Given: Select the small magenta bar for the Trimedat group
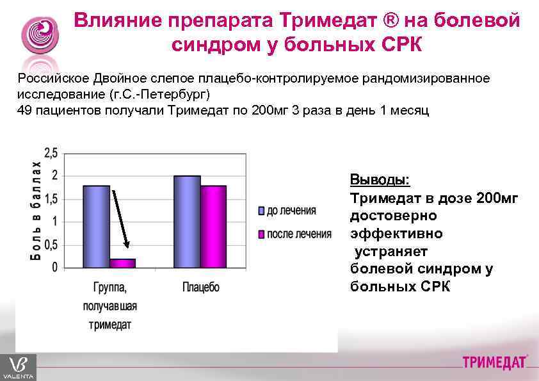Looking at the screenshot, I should coord(122,263).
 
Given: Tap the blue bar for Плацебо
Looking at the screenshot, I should coord(187,221).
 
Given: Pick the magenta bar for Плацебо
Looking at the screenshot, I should coord(213,226).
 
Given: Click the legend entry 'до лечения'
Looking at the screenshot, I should coord(291,210).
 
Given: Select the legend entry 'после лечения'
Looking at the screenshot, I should coord(298,234).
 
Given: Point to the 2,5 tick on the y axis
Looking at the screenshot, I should coord(51,153).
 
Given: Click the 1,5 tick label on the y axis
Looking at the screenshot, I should coord(51,199).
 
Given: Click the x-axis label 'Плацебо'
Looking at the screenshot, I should coord(200,288).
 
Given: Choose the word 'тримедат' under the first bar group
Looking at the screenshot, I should coord(109,325).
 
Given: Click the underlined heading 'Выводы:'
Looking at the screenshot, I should coord(380,179).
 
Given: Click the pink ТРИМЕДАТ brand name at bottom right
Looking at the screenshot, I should coord(494,363).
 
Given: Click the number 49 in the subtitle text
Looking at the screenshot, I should coord(24,110).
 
